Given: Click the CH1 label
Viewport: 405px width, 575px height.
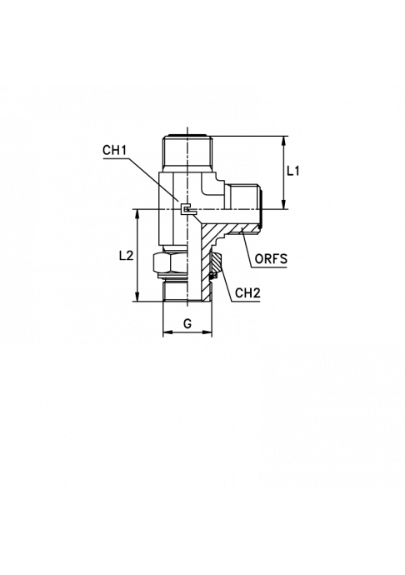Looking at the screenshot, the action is (x=114, y=151).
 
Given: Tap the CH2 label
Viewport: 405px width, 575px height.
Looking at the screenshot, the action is (x=247, y=293).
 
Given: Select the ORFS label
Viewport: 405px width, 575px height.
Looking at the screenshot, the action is (x=271, y=259).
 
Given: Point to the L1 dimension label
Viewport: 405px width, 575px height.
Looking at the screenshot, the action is (x=293, y=171).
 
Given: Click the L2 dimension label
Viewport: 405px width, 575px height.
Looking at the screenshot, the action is (x=126, y=256).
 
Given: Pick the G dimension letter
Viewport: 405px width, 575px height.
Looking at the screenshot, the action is (x=187, y=324).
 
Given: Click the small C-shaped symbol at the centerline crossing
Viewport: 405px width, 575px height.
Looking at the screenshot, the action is (x=187, y=209).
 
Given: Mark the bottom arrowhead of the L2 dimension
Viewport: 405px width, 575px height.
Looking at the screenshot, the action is (x=137, y=297).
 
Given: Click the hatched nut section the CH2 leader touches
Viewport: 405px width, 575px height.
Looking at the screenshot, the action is (x=217, y=263).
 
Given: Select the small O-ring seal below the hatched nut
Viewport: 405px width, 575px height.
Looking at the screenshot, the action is (x=214, y=275).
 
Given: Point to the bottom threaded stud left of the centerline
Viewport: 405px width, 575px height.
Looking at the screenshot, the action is (x=175, y=291).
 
